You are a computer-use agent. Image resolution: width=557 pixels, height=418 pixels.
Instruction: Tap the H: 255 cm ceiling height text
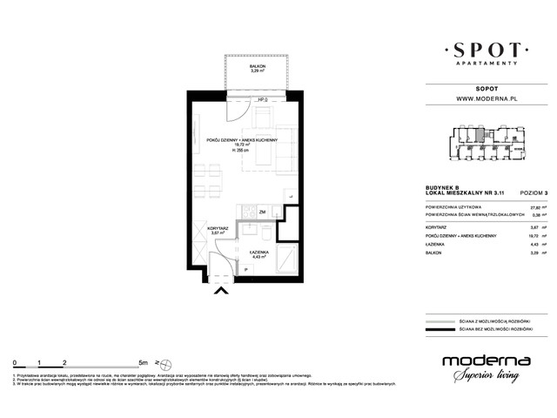coord(243,152)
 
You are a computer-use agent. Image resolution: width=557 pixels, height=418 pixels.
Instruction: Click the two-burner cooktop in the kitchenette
coord(249,212)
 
